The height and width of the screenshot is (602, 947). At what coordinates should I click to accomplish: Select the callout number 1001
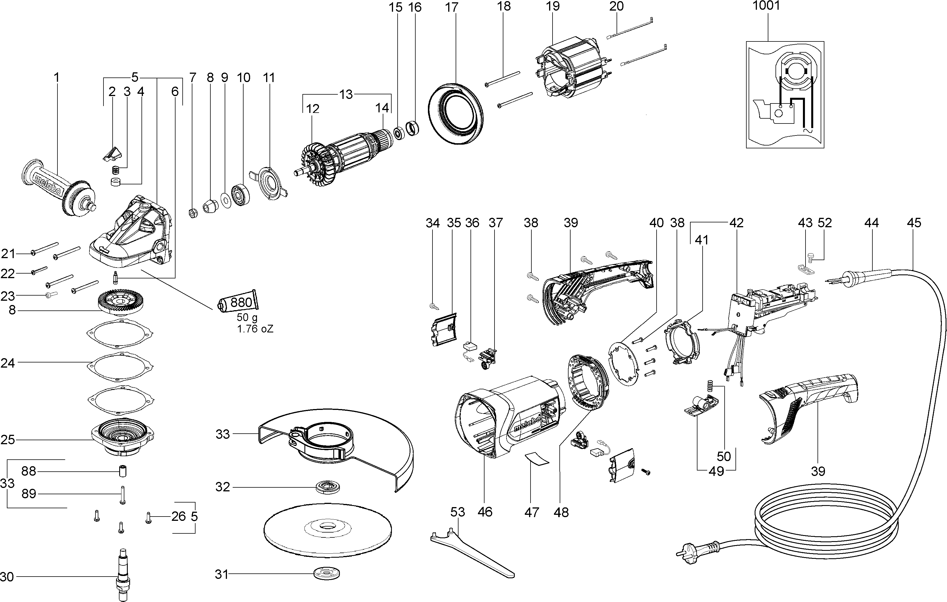pyautogui.click(x=766, y=6)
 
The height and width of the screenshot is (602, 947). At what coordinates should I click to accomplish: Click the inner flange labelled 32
pyautogui.click(x=328, y=487)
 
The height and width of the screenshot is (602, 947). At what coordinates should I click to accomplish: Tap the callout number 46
pyautogui.click(x=485, y=512)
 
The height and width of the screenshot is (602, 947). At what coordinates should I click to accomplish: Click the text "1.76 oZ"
pyautogui.click(x=255, y=329)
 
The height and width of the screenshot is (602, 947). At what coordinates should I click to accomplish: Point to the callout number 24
pyautogui.click(x=8, y=362)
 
